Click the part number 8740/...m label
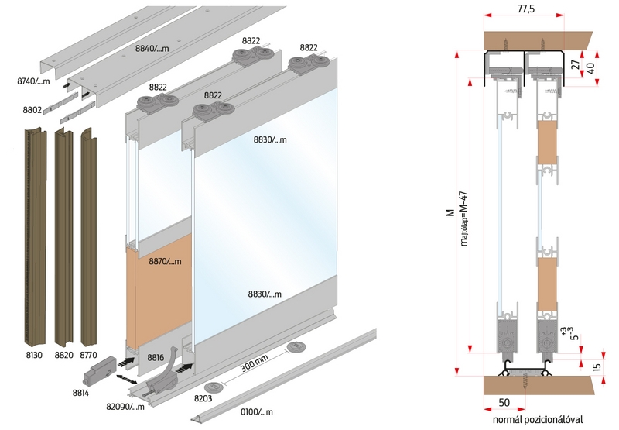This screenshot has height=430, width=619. [x=32, y=81]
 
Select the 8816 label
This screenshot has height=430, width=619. [x=156, y=358]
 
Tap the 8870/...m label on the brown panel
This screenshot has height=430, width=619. [x=165, y=262]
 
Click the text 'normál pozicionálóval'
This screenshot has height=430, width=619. [x=533, y=420]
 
